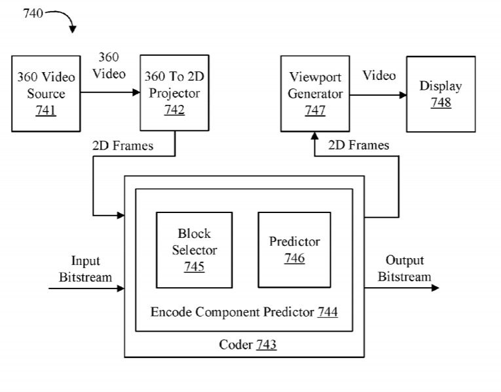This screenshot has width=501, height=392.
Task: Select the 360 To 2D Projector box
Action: (174, 93)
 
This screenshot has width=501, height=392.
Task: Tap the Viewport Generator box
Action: (314, 93)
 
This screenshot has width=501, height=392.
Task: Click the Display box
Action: (440, 94)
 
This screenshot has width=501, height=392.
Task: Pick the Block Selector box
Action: (194, 250)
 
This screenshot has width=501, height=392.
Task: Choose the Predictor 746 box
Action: (294, 250)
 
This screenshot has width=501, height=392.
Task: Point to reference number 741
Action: (46, 110)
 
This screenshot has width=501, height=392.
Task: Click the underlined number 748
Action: (440, 103)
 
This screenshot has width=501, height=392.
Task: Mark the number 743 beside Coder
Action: (266, 345)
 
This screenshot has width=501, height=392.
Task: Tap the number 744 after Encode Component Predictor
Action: (327, 312)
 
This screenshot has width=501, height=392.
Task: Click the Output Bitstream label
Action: (404, 269)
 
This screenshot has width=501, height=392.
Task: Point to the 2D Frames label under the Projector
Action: (122, 146)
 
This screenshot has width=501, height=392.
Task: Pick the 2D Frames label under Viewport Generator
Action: (358, 146)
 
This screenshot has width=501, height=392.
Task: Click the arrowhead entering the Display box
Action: (402, 94)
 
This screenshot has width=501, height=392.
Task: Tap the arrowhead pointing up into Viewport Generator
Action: (314, 136)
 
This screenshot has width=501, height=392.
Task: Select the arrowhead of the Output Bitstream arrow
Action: (435, 288)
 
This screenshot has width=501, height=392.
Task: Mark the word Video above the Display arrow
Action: (379, 76)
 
